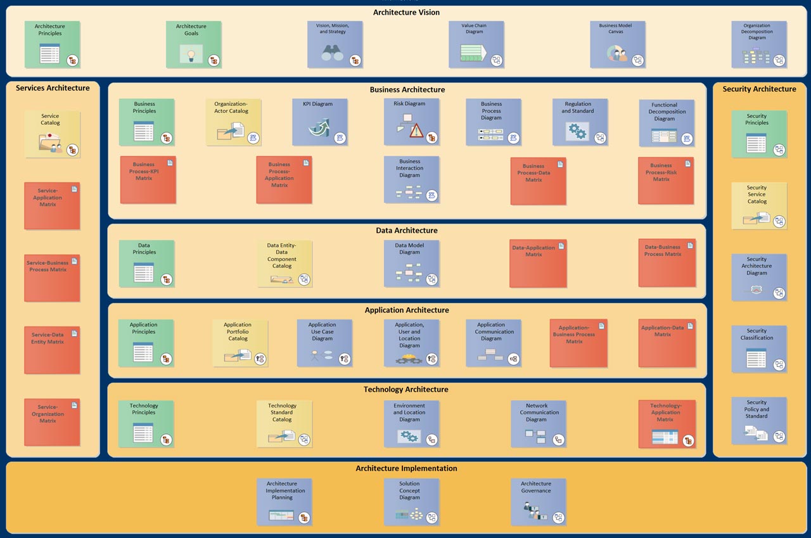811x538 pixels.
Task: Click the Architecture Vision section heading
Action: [406, 12]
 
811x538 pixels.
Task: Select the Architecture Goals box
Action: [194, 44]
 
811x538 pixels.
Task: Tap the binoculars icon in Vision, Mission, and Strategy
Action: [332, 53]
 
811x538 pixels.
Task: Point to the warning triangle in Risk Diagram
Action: [416, 131]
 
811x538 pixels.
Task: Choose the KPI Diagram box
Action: [320, 122]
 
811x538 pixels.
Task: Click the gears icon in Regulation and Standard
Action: [577, 131]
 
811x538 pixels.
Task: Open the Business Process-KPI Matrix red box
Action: [148, 179]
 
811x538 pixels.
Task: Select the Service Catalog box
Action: [53, 134]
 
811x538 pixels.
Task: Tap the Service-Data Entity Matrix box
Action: [52, 350]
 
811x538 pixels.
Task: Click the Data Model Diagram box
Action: [412, 264]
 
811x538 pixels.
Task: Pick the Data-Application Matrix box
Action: [538, 263]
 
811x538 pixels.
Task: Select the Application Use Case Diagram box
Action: [324, 343]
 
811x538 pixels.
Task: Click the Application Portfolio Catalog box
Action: [240, 343]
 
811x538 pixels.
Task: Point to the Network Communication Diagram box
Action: [539, 423]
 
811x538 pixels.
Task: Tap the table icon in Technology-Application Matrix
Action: [665, 437]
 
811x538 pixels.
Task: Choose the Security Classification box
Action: [759, 349]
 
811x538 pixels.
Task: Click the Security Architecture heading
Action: [759, 89]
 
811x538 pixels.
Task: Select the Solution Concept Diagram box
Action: [412, 502]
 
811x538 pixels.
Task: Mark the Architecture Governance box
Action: [539, 502]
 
